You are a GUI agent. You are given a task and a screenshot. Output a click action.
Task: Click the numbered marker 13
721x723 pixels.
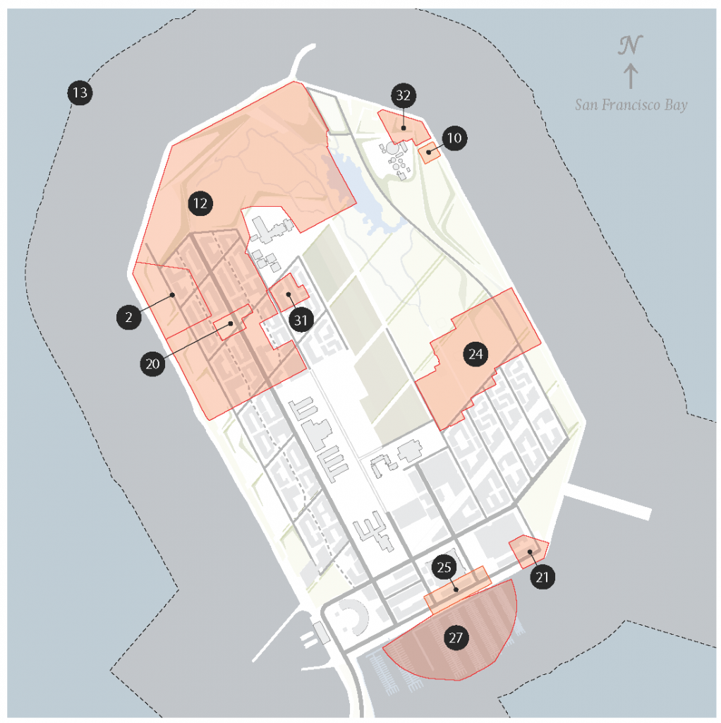(80, 92)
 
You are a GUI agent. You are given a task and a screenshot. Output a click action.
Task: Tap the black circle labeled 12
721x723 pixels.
(200, 204)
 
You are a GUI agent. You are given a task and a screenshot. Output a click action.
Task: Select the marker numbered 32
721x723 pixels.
(404, 95)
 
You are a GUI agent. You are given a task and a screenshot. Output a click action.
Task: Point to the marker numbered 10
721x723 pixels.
(454, 138)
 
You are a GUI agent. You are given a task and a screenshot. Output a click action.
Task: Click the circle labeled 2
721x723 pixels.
(128, 318)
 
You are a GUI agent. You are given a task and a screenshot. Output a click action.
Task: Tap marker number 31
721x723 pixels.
(301, 320)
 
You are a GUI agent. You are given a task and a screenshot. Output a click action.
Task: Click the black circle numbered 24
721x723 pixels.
(476, 354)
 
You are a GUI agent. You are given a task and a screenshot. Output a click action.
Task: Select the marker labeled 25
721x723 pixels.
(444, 567)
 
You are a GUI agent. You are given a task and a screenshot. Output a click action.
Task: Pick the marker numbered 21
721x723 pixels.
(542, 578)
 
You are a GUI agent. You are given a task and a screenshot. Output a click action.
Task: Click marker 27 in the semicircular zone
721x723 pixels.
(456, 638)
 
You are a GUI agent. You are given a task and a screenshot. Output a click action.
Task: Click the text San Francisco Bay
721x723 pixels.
(631, 105)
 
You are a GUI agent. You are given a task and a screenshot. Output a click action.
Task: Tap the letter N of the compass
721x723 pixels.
(630, 47)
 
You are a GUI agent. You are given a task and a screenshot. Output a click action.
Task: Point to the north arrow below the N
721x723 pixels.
(631, 76)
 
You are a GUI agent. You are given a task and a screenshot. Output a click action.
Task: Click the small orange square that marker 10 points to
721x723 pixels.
(428, 153)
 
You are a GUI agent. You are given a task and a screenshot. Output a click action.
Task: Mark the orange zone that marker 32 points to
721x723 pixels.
(402, 126)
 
